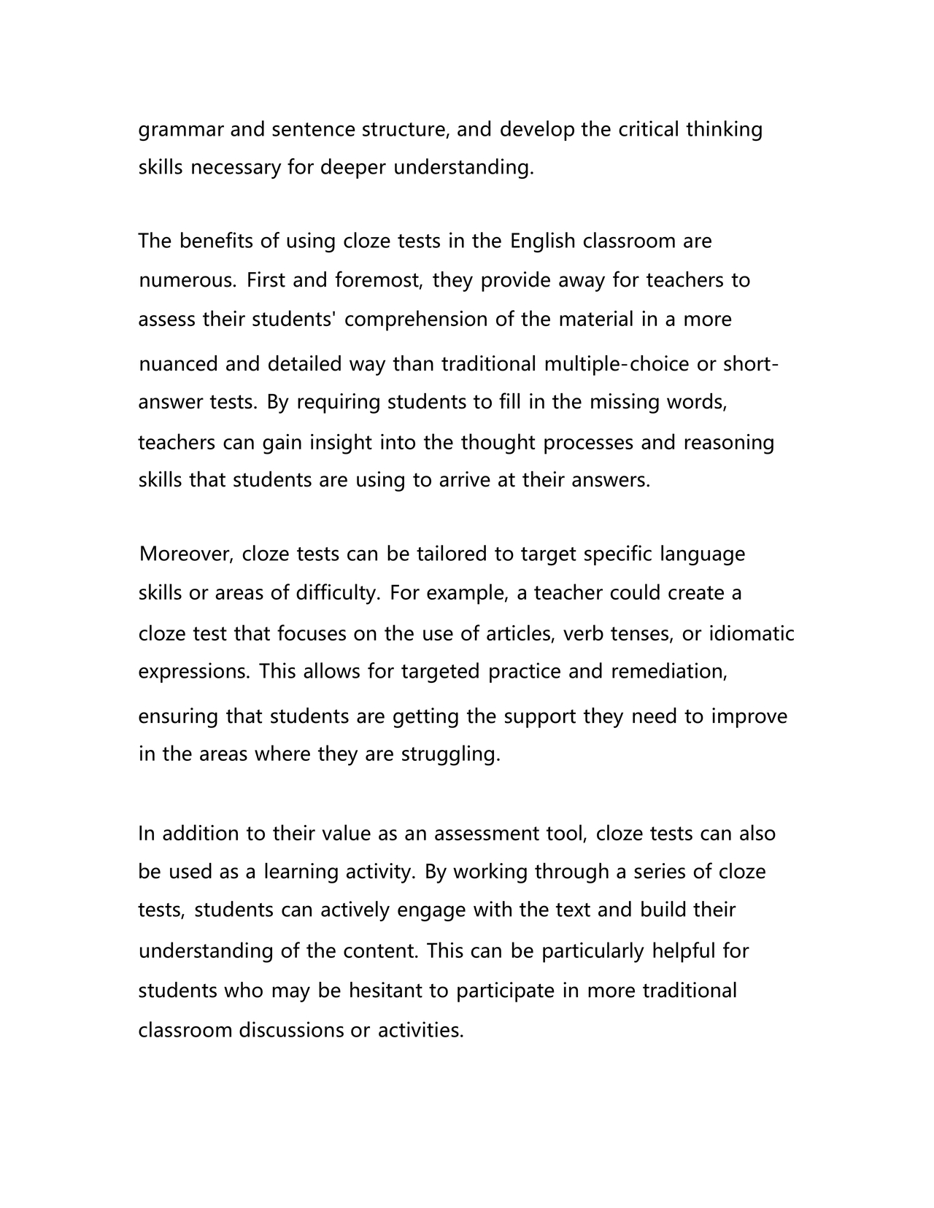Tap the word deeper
click(353, 169)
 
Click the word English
click(543, 241)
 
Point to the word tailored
click(451, 554)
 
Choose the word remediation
click(669, 671)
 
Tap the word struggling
click(451, 754)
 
